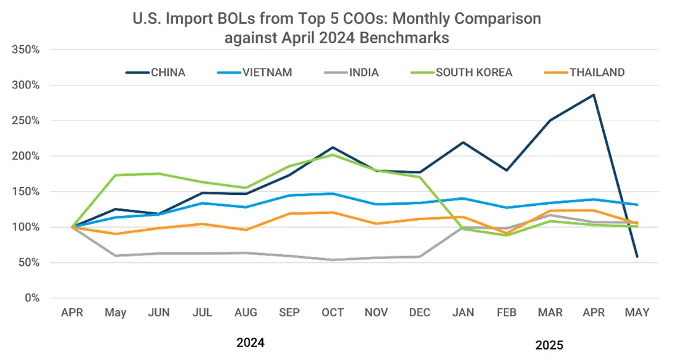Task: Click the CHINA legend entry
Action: click(168, 72)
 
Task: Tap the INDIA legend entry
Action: click(364, 72)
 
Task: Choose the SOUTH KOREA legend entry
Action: click(474, 72)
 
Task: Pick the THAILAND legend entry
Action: click(597, 72)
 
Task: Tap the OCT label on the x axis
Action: click(333, 313)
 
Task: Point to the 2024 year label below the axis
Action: click(250, 342)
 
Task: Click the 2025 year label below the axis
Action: click(549, 344)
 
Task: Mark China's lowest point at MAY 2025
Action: click(637, 257)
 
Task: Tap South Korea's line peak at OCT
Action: click(333, 155)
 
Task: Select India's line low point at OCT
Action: click(333, 260)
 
